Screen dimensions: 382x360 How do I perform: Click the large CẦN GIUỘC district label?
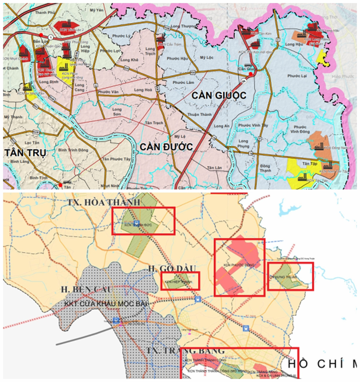point(219,95)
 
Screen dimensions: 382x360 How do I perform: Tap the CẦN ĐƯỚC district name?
point(166,147)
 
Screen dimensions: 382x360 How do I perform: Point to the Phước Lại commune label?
point(296,76)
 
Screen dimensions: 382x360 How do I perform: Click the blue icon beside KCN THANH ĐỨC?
point(136,222)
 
